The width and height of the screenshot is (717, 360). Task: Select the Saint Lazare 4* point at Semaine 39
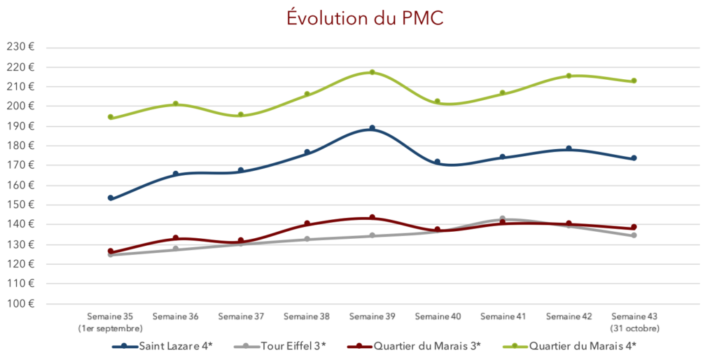[372, 128]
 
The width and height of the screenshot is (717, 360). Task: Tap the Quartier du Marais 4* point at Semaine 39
[372, 72]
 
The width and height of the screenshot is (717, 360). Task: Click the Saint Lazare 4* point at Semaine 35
[111, 198]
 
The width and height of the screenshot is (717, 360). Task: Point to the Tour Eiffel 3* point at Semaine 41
[503, 219]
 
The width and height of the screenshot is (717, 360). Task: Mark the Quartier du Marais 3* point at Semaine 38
[307, 224]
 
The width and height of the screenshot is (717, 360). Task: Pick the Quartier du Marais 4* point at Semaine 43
[634, 81]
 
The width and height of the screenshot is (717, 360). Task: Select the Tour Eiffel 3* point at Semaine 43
[634, 235]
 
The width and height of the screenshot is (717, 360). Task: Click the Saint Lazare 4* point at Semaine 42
[569, 148]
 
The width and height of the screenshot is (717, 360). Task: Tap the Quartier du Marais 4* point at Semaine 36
[176, 104]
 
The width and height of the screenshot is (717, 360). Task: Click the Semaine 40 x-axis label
[438, 317]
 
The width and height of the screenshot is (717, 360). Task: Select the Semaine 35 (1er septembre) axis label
[110, 322]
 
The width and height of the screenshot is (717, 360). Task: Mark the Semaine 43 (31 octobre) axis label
[634, 322]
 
